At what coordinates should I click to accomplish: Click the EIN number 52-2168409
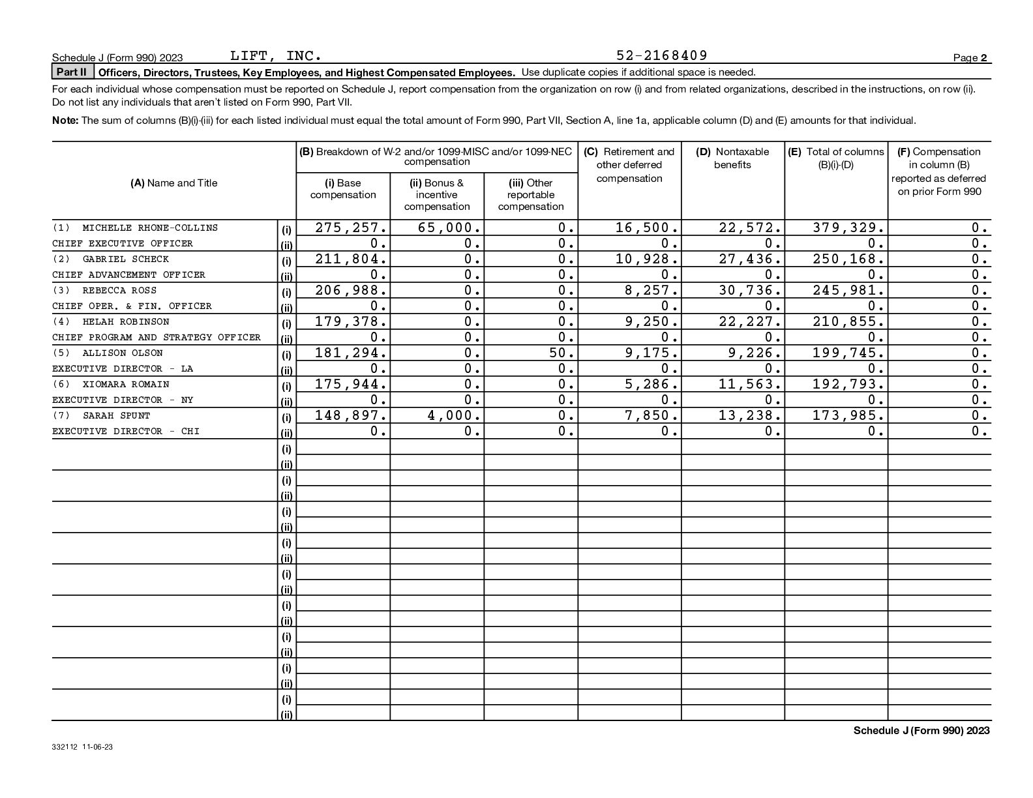point(661,55)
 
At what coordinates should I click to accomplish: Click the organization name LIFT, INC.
point(276,55)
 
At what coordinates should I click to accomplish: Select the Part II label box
point(72,72)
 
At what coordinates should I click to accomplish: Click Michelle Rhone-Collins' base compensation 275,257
point(350,228)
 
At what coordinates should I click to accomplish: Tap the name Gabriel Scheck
point(125,259)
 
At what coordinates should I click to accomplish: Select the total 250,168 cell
point(848,259)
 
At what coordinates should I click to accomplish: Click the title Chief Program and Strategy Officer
point(157,337)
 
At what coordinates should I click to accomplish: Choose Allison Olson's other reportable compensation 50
point(564,353)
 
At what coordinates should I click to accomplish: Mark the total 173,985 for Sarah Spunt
point(848,415)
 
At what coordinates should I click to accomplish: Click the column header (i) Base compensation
point(343,189)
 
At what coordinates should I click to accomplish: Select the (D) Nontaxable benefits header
point(732,158)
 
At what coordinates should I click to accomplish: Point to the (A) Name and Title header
point(173,183)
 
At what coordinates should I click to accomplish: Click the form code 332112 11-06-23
point(82,747)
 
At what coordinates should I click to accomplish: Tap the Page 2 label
point(970,58)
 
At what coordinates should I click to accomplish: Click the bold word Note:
point(65,121)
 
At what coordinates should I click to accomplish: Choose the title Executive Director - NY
point(123,400)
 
